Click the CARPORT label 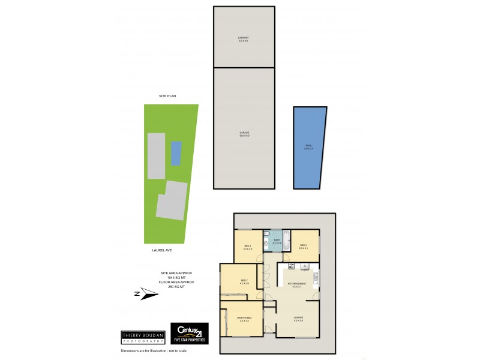click(x=244, y=38)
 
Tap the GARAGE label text click(x=244, y=133)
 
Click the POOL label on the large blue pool click(x=309, y=146)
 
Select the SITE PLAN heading click(x=167, y=96)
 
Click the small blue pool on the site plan click(x=176, y=153)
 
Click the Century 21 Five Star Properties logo click(x=190, y=333)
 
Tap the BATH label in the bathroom click(x=277, y=241)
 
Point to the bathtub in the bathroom click(x=286, y=240)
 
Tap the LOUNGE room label click(x=298, y=317)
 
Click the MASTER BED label click(x=244, y=318)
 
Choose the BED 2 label click(x=244, y=281)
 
